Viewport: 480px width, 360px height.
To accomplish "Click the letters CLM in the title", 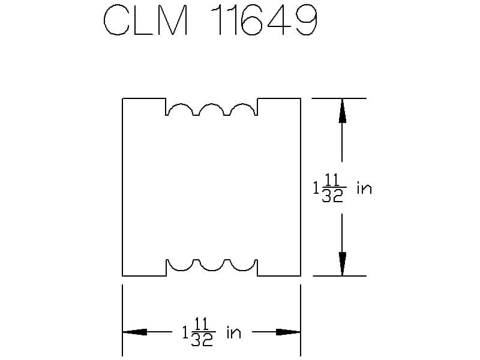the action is (x=146, y=20).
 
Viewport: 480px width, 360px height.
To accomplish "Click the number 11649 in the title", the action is (x=264, y=20).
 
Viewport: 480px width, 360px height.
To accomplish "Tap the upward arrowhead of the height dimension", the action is (x=342, y=111).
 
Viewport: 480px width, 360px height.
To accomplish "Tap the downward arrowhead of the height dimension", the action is (x=342, y=264).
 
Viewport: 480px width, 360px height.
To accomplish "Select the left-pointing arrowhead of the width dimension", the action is (x=134, y=332).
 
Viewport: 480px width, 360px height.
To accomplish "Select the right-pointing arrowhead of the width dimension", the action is (x=288, y=332).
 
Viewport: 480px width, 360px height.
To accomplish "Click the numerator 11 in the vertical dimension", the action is (x=332, y=179).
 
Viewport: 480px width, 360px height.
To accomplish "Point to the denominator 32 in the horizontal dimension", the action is (x=202, y=340).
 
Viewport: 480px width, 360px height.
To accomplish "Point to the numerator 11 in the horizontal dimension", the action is (x=202, y=324).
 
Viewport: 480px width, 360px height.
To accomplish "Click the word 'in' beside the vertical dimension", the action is (x=364, y=188).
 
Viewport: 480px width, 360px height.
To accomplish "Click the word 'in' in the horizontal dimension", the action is (x=234, y=332).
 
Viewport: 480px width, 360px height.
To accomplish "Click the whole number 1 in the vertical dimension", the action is (x=316, y=188).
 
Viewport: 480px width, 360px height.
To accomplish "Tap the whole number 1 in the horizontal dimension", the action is (x=185, y=332).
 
